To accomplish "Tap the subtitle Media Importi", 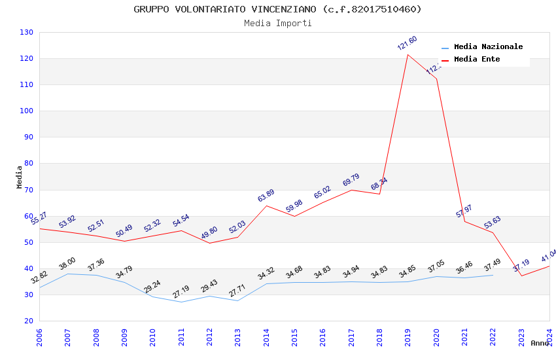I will tap(277, 23).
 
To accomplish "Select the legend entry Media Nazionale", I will tap(488, 46).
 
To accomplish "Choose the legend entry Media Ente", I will tap(476, 59).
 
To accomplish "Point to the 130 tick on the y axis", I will tap(27, 32).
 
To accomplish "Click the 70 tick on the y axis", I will tap(29, 190).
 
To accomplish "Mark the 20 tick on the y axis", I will tap(29, 321).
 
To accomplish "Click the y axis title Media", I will tap(19, 177).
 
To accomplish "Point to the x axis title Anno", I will tap(540, 343).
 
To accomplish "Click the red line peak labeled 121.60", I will tap(408, 54).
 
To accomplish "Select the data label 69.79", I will tap(351, 180).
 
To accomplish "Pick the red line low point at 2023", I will tap(521, 276).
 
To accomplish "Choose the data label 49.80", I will tap(209, 233).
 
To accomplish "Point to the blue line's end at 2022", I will tap(493, 275).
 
